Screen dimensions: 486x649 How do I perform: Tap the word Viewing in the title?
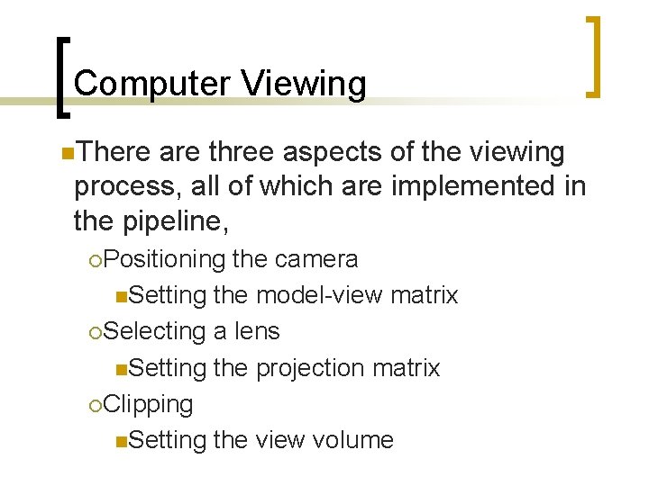pyautogui.click(x=304, y=84)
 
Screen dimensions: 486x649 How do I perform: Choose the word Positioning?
pyautogui.click(x=163, y=259)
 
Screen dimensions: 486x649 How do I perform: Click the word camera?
pyautogui.click(x=316, y=259)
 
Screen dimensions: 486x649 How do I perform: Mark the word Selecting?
pyautogui.click(x=155, y=331)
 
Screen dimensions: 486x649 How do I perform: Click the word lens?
pyautogui.click(x=257, y=331)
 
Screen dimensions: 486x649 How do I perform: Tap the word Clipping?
pyautogui.click(x=148, y=404)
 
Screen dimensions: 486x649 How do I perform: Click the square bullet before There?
pyautogui.click(x=69, y=154)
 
